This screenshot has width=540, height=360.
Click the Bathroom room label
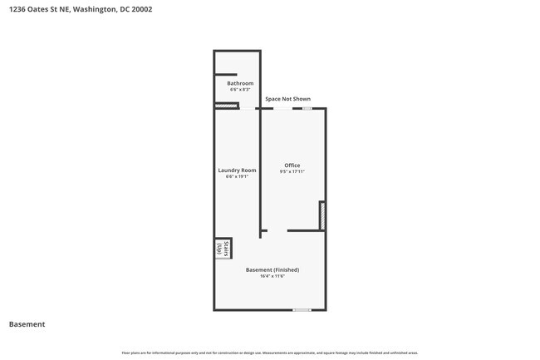240,83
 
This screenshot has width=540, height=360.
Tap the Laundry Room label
237,170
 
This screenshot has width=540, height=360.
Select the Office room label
292,165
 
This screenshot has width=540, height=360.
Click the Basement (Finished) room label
272,269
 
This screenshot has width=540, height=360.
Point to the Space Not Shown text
287,99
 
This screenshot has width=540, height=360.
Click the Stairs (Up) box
220,249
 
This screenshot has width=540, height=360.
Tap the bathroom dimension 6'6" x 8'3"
240,89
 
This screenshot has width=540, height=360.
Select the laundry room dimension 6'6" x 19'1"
237,176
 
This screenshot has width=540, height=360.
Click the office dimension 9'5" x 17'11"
292,171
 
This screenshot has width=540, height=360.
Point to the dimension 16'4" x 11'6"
272,276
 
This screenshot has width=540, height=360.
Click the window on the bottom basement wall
302,310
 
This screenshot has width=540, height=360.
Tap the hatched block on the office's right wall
322,215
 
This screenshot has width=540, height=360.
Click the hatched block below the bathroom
226,106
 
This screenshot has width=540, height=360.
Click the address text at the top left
81,10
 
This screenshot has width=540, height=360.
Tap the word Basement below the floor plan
27,324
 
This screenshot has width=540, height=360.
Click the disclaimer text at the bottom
270,353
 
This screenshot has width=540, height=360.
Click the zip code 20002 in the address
141,10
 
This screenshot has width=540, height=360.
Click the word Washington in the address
95,10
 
